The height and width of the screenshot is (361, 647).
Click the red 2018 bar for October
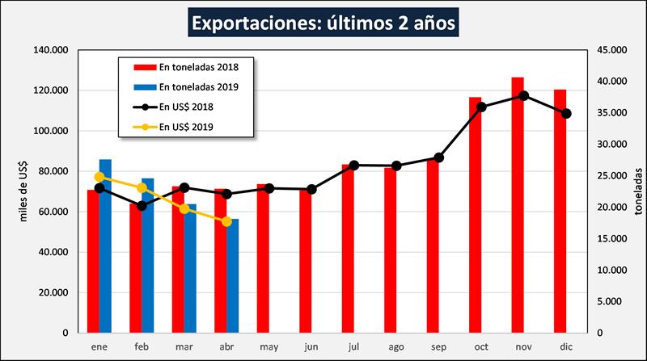[x=476, y=214]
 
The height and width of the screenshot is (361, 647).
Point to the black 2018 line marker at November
[x=524, y=95]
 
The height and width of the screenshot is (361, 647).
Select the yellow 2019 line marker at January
[x=99, y=177]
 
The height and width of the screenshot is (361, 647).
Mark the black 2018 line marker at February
[x=142, y=206]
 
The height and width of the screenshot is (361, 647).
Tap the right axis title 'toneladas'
[x=639, y=191]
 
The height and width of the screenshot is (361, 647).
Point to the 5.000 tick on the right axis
[x=609, y=301]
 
